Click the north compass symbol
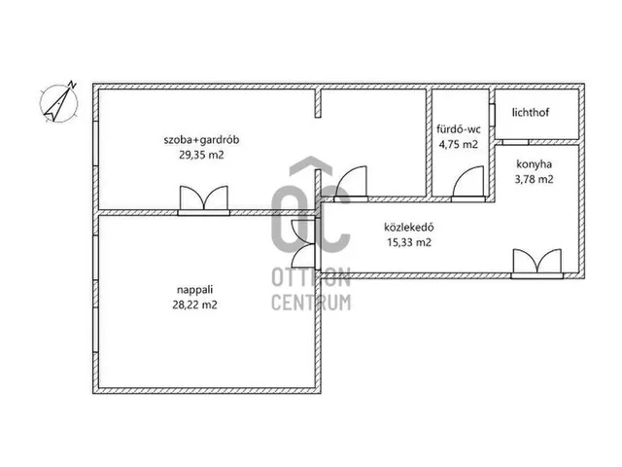(x=59, y=102)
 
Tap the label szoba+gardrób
(x=201, y=140)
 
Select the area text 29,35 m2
(x=201, y=155)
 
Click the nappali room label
(x=195, y=290)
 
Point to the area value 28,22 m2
(x=195, y=305)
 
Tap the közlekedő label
(x=409, y=227)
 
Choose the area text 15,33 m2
(x=409, y=242)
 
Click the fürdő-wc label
(x=459, y=129)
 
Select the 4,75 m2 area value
(x=459, y=144)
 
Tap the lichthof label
(x=531, y=113)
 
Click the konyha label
(x=534, y=164)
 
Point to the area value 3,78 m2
(x=534, y=179)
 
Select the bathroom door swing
(x=468, y=184)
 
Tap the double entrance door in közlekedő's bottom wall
(x=537, y=264)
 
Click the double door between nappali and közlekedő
(x=305, y=243)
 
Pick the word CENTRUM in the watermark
(x=311, y=303)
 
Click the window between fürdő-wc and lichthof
(x=492, y=115)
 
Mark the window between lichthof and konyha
(x=516, y=142)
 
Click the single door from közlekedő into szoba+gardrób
(x=351, y=184)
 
